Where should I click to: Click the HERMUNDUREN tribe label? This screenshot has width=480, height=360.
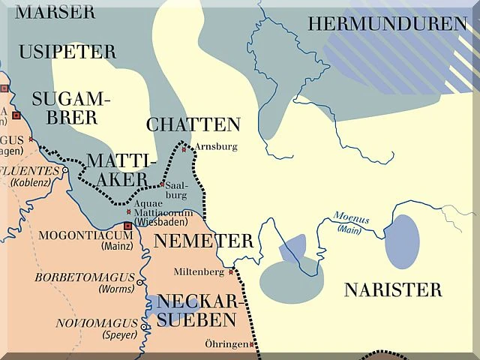pos(387,24)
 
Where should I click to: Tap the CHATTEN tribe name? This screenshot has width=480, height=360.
pos(193,124)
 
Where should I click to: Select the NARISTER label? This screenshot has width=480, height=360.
pos(393,289)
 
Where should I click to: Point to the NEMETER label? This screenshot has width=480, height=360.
pos(203,241)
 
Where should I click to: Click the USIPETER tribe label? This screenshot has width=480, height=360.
pos(67,52)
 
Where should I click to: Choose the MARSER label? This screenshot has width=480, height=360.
pos(55,12)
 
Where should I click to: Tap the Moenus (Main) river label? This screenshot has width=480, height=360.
pos(350,224)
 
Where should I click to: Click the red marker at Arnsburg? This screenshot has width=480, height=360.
pos(184,149)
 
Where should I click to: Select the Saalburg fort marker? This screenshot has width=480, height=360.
pos(162,184)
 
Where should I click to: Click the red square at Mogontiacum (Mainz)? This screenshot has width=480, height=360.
pos(127,225)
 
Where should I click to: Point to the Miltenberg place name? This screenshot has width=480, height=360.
pos(199,271)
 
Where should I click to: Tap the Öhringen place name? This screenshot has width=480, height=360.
pos(226,343)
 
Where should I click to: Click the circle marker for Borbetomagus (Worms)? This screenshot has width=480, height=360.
pos(140,283)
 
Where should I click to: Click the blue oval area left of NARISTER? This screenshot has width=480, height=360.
pos(402,241)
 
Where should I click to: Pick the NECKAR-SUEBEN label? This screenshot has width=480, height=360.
pos(196,310)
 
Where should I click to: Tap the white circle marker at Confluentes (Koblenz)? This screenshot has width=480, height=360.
pos(65,170)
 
